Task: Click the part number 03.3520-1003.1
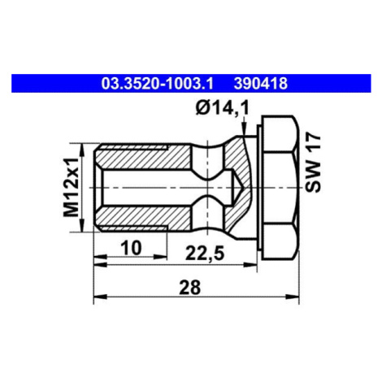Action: click(x=158, y=84)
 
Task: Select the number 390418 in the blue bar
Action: click(x=261, y=84)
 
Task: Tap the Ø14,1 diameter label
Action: click(x=222, y=109)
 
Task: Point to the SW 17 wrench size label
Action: click(x=313, y=163)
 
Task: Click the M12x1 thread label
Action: click(x=71, y=188)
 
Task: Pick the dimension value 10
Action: click(x=131, y=248)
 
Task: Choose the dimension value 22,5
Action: click(x=205, y=254)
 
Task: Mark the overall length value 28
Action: click(x=189, y=287)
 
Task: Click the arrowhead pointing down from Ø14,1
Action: click(x=245, y=128)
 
